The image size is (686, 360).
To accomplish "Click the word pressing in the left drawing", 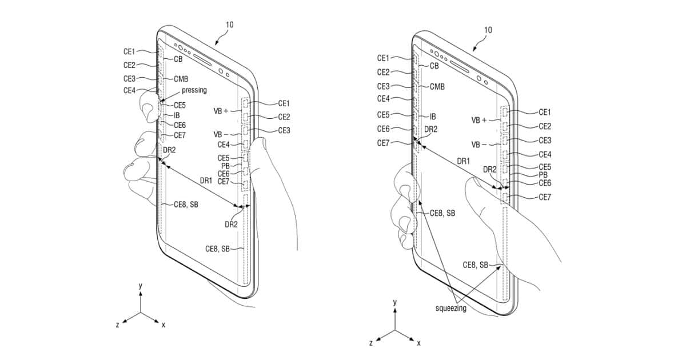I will tap(194, 90).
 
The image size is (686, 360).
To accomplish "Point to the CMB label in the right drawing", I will tap(437, 87).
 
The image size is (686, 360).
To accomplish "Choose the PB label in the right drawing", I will tap(544, 175).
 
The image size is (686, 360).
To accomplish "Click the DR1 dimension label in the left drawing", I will tap(204, 181).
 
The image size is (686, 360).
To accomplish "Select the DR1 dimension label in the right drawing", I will tap(462, 162).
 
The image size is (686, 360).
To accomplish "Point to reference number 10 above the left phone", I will tap(229, 25).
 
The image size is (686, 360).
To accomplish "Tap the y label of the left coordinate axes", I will tap(140, 285).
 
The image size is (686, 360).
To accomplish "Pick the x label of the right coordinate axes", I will tap(418, 343).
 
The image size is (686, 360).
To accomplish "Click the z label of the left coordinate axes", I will tap(118, 324).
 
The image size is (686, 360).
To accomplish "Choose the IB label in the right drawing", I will tap(433, 116).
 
